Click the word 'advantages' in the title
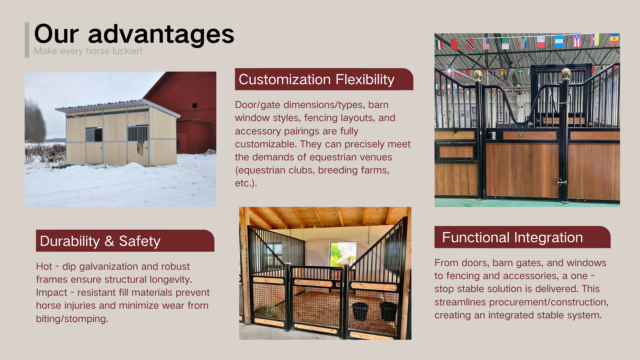(x=161, y=35)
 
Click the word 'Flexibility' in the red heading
(x=365, y=80)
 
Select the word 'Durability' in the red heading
(x=70, y=241)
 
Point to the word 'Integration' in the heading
(x=548, y=238)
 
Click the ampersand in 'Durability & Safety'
(x=109, y=241)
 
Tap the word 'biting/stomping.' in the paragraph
(x=72, y=319)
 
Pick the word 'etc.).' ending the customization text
(x=246, y=183)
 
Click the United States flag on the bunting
(x=486, y=44)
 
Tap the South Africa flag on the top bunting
(x=523, y=43)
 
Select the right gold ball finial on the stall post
(x=566, y=73)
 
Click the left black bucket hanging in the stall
(x=360, y=311)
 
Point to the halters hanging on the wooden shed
(x=141, y=148)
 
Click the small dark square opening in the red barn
(x=194, y=106)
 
